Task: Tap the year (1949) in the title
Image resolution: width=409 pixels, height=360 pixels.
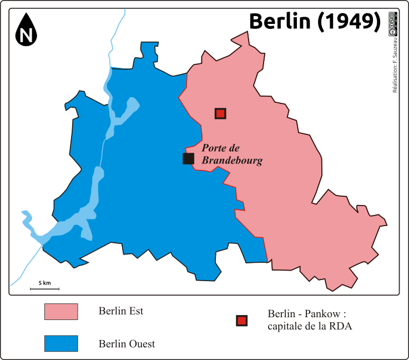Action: [349, 21]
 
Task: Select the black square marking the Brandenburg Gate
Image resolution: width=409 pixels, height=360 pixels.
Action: [188, 159]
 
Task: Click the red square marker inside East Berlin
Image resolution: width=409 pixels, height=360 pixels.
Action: [220, 113]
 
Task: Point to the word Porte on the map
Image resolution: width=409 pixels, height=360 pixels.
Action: [214, 148]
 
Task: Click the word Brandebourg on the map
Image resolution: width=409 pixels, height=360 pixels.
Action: [231, 161]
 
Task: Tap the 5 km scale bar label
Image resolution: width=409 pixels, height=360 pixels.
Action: [44, 283]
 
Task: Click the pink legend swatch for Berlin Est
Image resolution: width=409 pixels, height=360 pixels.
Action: [61, 312]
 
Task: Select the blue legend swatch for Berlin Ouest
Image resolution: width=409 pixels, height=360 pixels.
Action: [61, 344]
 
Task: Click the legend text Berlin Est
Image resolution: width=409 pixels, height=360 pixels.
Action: [121, 311]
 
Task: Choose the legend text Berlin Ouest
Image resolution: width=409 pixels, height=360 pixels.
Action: [127, 344]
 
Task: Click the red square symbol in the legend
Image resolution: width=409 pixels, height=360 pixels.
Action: [241, 321]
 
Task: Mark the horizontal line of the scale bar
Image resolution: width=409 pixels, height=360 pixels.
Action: [44, 289]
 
